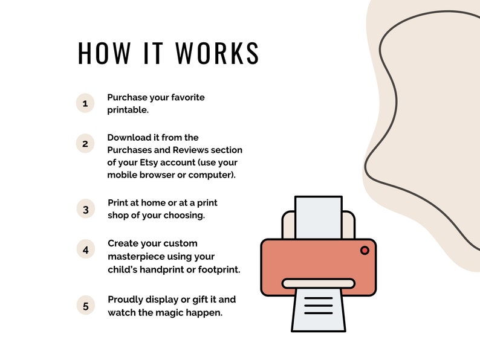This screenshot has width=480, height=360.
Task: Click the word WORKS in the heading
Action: tap(218, 53)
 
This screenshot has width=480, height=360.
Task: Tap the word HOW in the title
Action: tap(105, 53)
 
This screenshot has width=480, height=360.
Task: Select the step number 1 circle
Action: tap(85, 103)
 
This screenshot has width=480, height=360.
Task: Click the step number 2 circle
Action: tap(85, 143)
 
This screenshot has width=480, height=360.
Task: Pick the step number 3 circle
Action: tap(86, 209)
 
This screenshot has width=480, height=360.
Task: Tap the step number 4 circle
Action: tap(86, 249)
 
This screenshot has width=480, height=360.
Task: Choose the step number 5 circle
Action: tap(86, 306)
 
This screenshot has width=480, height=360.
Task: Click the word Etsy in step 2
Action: tap(149, 162)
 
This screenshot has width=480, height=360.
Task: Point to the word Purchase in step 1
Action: tap(127, 97)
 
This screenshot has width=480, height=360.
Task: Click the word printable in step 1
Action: tap(127, 110)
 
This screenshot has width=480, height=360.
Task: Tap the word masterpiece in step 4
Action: tap(132, 256)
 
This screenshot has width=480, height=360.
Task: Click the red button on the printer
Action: tap(365, 251)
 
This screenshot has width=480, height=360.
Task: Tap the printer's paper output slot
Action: tap(319, 283)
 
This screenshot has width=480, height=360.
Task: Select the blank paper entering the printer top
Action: tap(319, 217)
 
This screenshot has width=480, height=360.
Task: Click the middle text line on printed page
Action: tap(319, 306)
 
